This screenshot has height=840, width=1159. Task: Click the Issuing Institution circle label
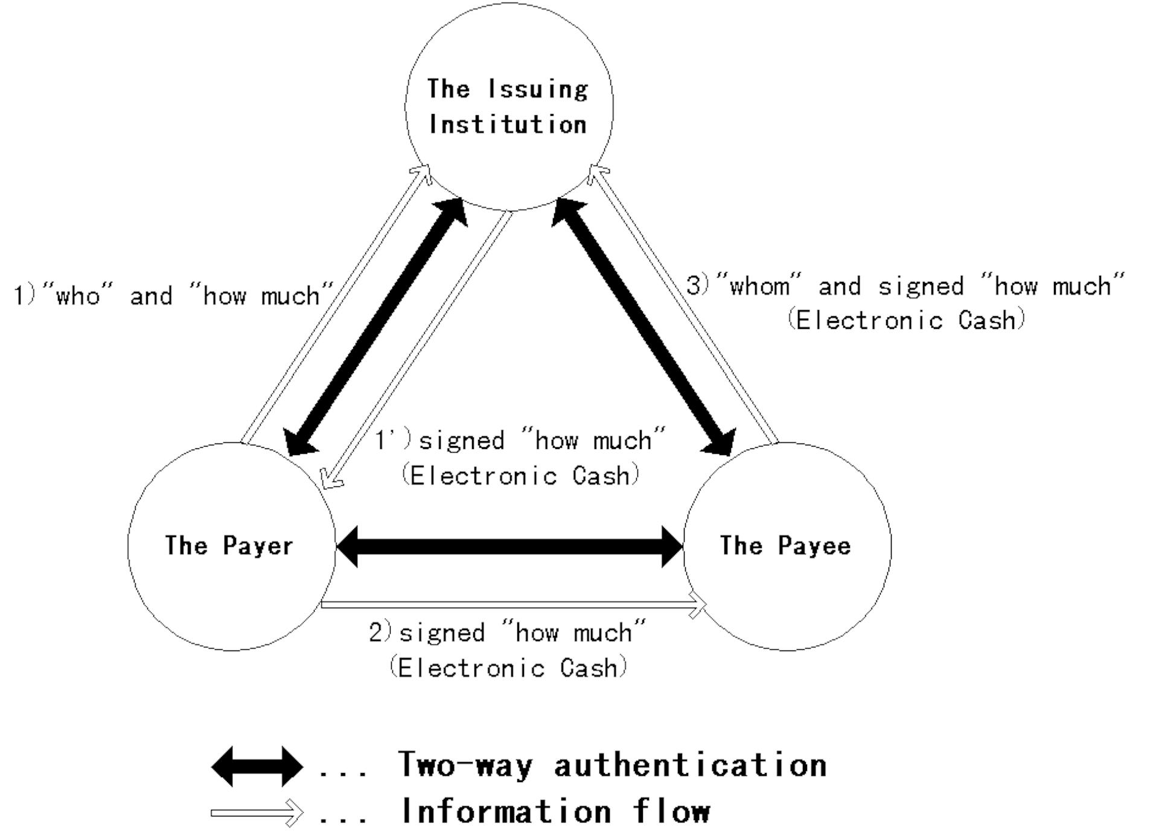point(508,107)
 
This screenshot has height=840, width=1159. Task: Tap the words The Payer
point(229,546)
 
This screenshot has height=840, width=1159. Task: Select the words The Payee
point(785,546)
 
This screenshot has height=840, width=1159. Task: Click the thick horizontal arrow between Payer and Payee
point(509,547)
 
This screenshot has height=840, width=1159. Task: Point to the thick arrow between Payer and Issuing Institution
point(377,326)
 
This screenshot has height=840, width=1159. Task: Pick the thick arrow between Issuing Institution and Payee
point(643,326)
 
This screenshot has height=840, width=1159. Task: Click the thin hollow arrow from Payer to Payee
point(513,604)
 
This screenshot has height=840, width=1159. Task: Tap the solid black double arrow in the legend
point(257,766)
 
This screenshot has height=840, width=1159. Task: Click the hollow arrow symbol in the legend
point(257,813)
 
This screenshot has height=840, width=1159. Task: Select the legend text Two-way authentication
point(612,765)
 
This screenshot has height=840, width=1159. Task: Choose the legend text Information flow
point(556,811)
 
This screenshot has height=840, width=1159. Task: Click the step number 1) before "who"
point(25,296)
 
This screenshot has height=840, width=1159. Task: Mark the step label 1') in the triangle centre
point(393,440)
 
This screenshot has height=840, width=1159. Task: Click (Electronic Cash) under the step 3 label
point(906,320)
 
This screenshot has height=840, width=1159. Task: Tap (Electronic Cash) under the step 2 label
point(508,668)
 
